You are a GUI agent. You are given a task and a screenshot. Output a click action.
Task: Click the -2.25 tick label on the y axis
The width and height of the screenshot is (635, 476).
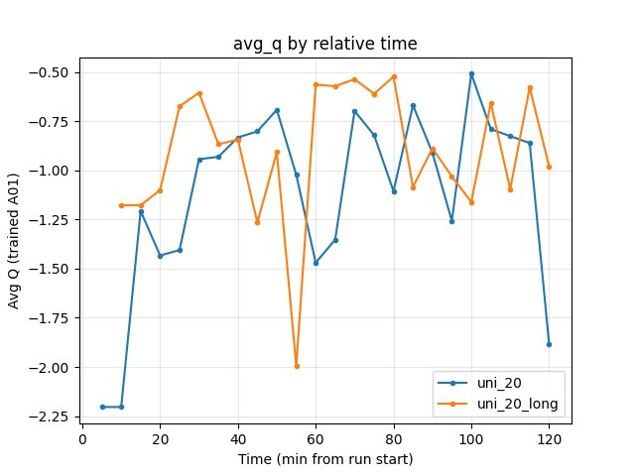[52, 416]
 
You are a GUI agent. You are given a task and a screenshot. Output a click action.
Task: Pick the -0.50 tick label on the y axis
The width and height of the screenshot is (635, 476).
[52, 72]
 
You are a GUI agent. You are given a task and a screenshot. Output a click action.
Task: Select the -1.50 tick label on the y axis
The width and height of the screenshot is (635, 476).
[52, 269]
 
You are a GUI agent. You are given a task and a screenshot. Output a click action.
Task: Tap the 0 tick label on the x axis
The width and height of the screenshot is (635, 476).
[82, 436]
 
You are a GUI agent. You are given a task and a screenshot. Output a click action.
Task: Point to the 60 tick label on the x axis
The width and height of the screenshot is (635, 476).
[316, 436]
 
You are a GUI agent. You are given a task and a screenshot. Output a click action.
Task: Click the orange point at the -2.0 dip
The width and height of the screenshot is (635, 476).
[297, 366]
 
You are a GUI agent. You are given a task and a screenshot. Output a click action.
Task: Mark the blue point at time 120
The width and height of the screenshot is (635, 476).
[549, 344]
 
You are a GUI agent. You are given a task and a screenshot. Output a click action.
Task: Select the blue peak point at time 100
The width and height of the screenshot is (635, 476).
[471, 73]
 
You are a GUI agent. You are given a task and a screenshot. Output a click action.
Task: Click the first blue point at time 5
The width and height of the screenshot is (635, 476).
[102, 407]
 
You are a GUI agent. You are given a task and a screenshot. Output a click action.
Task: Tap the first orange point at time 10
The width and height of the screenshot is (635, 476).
[121, 205]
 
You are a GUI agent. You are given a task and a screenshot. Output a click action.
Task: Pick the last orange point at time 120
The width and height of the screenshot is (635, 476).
[549, 167]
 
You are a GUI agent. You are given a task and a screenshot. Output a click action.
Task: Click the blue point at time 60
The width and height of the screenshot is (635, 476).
[316, 263]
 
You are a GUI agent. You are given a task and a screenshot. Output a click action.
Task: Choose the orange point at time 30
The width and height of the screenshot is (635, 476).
[199, 93]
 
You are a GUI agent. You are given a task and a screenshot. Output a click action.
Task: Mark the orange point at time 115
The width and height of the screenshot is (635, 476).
[530, 87]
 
